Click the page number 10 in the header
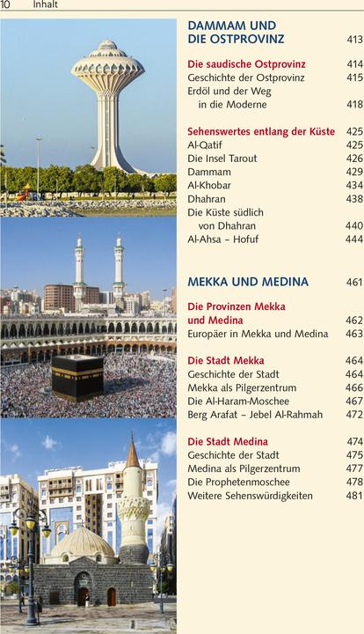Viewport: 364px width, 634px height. [x=5, y=5]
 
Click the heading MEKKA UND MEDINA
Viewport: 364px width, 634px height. [x=248, y=282]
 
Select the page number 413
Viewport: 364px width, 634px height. [x=354, y=40]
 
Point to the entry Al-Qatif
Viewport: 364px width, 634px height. [x=207, y=144]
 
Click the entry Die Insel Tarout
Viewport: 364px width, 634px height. [x=226, y=158]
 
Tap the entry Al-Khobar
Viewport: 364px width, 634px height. [x=212, y=185]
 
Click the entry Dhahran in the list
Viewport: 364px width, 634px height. [x=207, y=199]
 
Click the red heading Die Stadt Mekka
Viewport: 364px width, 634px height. [x=226, y=361]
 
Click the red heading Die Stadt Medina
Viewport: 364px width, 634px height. [x=229, y=441]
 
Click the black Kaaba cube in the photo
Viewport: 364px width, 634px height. [x=77, y=377]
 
